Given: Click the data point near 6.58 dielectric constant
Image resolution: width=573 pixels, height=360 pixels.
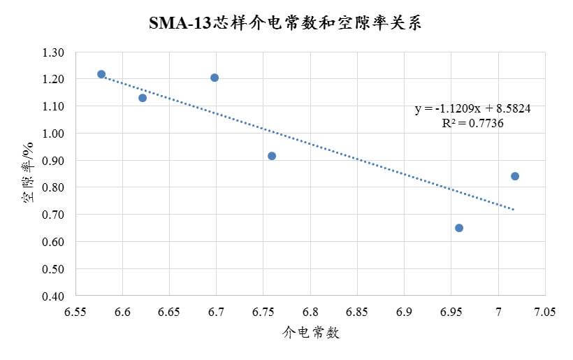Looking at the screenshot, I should coord(101,74).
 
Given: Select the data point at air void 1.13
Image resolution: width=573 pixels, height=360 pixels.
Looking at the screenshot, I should coord(143,98).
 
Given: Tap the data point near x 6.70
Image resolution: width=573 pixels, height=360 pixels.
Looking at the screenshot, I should coord(215,78).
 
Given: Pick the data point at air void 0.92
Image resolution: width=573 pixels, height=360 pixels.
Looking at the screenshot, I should coord(272,156).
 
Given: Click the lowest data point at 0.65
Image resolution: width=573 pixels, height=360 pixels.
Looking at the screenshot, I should coord(459,228).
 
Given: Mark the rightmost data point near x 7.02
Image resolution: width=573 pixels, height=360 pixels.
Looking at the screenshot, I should coord(515,176).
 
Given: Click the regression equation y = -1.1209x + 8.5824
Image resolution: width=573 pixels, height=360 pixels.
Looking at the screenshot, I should coord(474,109).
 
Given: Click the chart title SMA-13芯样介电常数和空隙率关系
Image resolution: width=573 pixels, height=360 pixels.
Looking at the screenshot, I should coord(286,23).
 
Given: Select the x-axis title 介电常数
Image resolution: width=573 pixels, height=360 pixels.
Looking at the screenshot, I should coord(311,333).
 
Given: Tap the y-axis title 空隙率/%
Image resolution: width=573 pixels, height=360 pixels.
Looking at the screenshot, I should coord(29,174).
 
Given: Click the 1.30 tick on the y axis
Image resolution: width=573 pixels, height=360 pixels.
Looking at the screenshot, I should coord(53,52).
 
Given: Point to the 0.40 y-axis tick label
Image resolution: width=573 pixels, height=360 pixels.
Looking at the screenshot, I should coord(53,296).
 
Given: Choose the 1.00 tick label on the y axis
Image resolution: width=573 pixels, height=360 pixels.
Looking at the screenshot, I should coord(53,134).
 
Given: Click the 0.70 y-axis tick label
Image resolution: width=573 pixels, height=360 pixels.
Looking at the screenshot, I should coord(53,215).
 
